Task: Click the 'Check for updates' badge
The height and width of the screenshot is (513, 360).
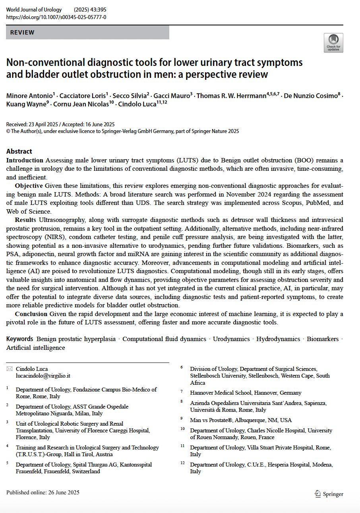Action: click(333, 42)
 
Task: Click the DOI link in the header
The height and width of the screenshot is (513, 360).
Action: click(56, 17)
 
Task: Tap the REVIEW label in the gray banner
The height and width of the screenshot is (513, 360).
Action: click(22, 33)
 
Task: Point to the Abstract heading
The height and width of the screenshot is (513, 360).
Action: click(19, 151)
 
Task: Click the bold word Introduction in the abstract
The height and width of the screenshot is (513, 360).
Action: click(25, 160)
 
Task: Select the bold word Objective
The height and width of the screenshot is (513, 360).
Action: click(29, 186)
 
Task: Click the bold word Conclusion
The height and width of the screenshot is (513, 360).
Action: click(31, 314)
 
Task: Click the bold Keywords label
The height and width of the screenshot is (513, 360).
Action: click(19, 339)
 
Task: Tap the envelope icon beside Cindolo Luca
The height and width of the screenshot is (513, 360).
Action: click(10, 369)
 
